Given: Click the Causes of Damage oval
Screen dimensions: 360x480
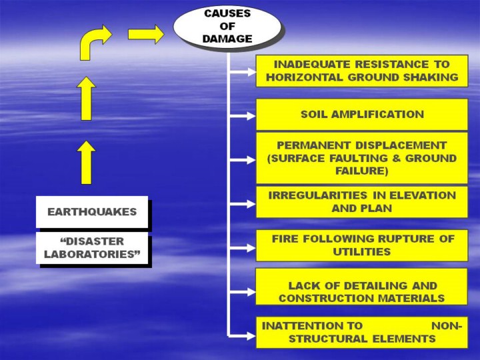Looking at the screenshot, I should click(x=227, y=26).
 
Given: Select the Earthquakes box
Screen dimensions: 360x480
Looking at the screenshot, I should click(x=91, y=212).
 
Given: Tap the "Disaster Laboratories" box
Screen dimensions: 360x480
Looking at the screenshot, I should click(x=91, y=247).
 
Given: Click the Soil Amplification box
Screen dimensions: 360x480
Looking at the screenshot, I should click(x=362, y=114).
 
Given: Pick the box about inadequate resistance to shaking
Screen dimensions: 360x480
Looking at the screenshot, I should click(x=362, y=71).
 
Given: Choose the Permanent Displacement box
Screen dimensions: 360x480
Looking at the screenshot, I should click(x=362, y=157).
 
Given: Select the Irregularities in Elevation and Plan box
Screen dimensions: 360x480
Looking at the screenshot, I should click(x=362, y=201).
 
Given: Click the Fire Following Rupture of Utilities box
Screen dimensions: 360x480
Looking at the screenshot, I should click(x=362, y=245).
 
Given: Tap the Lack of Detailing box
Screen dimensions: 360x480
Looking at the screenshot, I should click(x=362, y=291).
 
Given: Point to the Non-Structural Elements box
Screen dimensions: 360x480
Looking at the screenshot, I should click(x=362, y=332).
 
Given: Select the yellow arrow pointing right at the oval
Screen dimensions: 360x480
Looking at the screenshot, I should click(x=145, y=33).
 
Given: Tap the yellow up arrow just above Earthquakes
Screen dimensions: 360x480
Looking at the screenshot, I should click(x=87, y=162).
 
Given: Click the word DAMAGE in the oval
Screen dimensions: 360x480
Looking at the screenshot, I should click(x=227, y=39).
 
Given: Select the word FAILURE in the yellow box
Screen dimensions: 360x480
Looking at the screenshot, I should click(x=361, y=171).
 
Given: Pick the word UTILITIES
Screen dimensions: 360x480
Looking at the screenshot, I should click(x=361, y=252).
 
